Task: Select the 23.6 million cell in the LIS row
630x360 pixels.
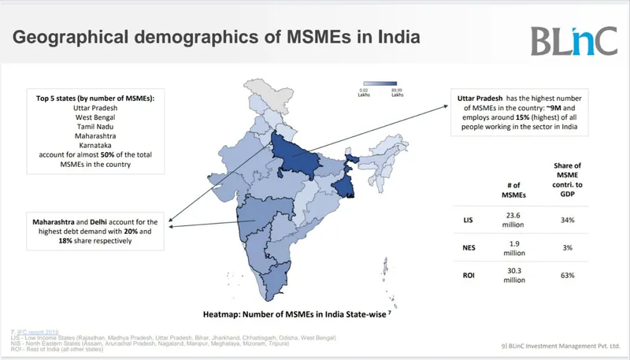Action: coord(513,220)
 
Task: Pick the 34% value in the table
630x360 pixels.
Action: coord(567,220)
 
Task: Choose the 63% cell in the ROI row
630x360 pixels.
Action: coord(567,276)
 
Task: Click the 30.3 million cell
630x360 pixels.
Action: coord(513,276)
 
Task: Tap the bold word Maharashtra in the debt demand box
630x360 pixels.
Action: coord(57,221)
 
